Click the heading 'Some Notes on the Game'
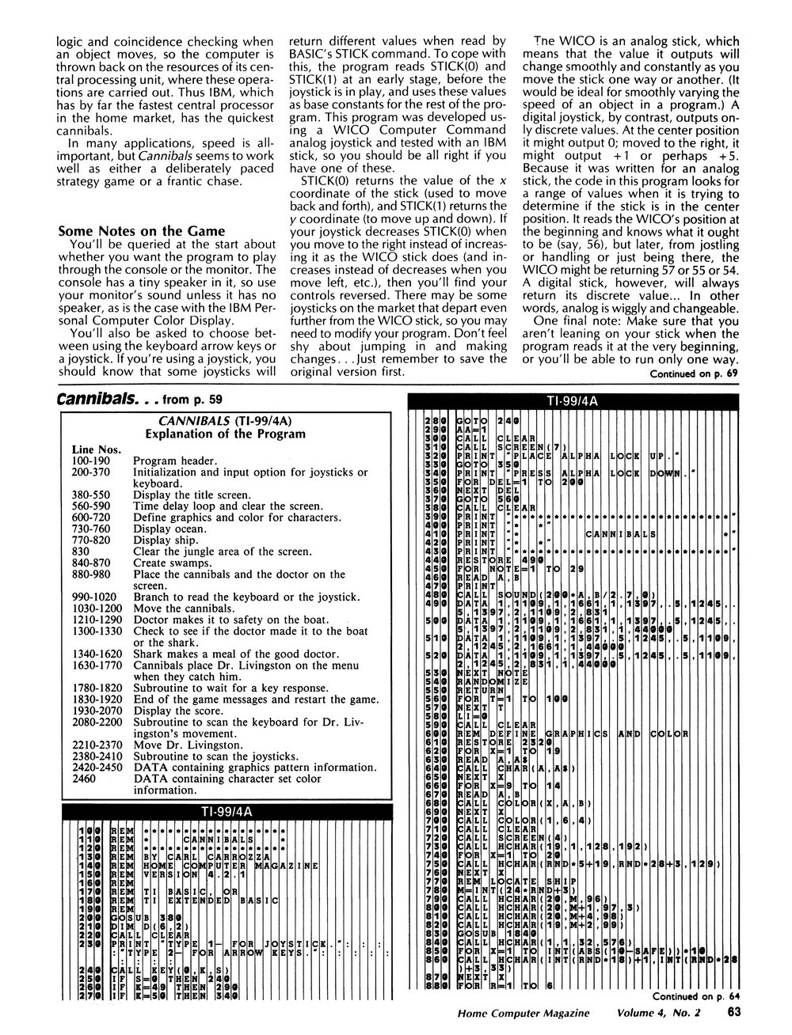click(143, 232)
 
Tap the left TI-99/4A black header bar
click(232, 813)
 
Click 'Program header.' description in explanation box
click(173, 461)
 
